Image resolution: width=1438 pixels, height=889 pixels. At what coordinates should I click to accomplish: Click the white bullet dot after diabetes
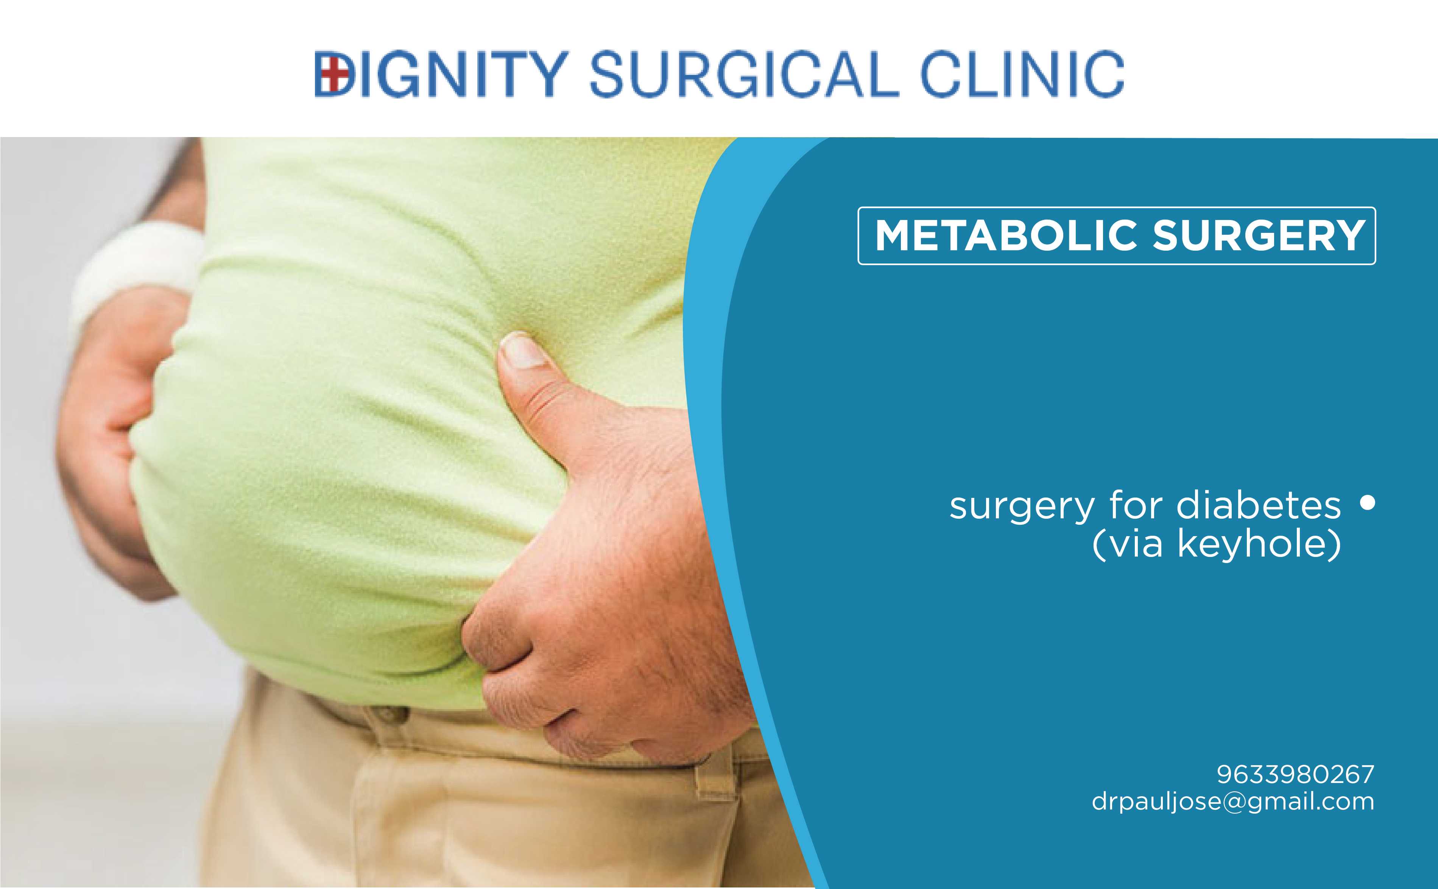pos(1368,503)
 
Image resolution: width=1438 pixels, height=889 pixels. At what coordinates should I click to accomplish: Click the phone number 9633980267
pos(1295,774)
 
